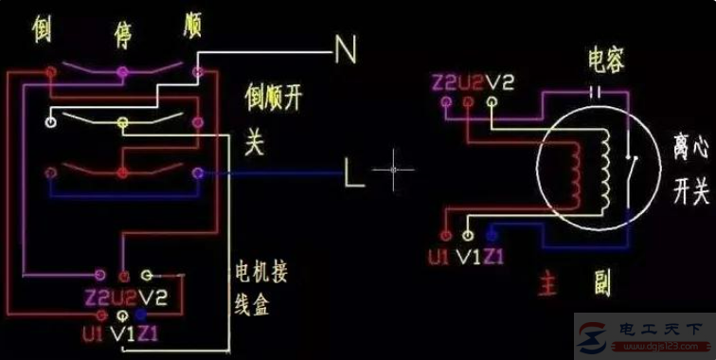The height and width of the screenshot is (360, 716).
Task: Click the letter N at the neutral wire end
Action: point(346,49)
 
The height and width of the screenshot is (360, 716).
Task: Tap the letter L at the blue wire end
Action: point(353,173)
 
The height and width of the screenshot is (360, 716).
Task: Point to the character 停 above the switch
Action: point(122,28)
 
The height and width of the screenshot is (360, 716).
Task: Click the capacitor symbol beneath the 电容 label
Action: point(596,92)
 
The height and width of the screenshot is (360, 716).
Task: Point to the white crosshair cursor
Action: point(393,171)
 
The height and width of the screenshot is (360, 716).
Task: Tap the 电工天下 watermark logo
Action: point(644,333)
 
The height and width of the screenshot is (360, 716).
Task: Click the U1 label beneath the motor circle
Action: point(440,255)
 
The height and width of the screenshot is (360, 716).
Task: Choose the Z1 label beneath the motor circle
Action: point(492,255)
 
